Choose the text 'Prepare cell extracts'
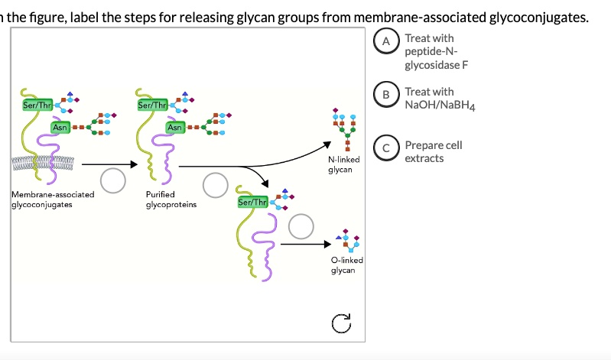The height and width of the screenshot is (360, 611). point(433,151)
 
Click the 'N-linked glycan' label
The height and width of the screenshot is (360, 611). point(340,164)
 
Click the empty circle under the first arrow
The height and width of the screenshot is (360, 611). point(113,180)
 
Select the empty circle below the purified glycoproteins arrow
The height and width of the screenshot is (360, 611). point(214,184)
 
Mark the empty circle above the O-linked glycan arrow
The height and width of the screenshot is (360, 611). point(301,225)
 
